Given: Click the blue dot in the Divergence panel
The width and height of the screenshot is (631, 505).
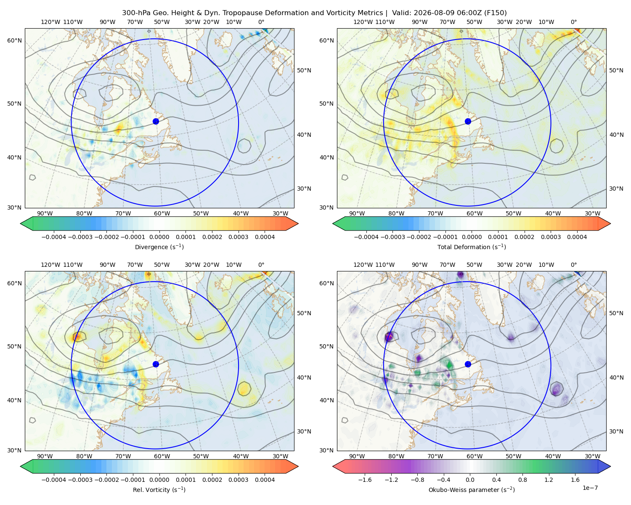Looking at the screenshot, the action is [x=156, y=122].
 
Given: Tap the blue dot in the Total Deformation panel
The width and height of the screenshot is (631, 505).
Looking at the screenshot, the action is [x=468, y=122].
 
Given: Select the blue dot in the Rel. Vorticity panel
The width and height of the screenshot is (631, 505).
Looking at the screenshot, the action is [x=156, y=364].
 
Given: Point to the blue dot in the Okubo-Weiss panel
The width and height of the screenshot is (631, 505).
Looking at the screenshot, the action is [x=468, y=364].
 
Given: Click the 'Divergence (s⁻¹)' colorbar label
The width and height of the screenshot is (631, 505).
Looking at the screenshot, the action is [x=159, y=247].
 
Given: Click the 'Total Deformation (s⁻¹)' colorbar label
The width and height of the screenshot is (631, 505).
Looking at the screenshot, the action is [x=472, y=247].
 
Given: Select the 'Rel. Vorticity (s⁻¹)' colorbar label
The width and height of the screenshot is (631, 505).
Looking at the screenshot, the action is [x=159, y=490].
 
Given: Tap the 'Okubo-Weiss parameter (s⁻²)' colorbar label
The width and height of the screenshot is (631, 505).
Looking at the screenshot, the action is [x=472, y=490].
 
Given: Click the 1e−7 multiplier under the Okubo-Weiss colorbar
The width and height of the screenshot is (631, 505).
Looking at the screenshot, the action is [x=590, y=488].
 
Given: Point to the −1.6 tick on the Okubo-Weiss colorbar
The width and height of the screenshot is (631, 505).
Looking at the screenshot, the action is [x=365, y=480].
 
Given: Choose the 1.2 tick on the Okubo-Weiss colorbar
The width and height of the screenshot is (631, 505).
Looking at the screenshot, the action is [x=549, y=480].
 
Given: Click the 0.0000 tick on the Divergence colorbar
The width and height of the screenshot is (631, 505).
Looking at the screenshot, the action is [x=159, y=237].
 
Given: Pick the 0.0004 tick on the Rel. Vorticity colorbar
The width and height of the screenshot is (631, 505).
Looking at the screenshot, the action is [x=265, y=480].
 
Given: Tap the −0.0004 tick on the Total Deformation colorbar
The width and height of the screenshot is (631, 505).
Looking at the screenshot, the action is [x=366, y=237].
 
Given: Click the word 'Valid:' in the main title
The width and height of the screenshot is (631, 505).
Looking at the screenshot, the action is [x=400, y=13].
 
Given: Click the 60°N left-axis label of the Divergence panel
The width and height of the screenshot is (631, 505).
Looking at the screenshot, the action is [x=15, y=40].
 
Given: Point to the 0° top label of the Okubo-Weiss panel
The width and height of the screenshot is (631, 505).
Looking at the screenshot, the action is [x=574, y=265].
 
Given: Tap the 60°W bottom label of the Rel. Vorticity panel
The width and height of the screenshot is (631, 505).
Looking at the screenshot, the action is [x=162, y=456].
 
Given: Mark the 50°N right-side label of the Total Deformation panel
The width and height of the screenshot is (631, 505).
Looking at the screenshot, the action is [x=616, y=70].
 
